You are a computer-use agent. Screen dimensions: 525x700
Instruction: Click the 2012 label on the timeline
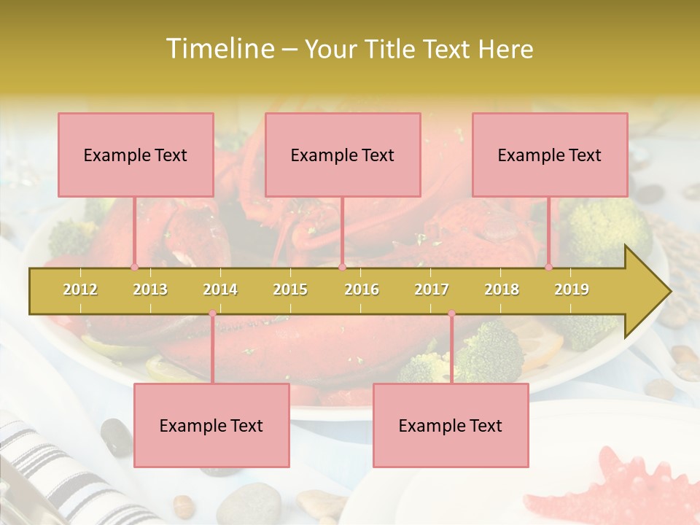click(80, 289)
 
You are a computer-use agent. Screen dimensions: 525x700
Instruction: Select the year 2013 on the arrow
click(150, 289)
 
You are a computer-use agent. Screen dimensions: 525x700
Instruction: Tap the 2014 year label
click(220, 289)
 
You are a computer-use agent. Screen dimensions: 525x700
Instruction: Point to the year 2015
click(290, 289)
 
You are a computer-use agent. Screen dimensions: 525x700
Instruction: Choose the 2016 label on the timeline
click(362, 289)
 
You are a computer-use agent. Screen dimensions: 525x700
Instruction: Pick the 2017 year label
click(432, 289)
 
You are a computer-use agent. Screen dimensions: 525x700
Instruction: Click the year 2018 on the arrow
click(502, 289)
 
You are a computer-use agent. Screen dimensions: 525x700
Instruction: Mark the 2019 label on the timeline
click(572, 289)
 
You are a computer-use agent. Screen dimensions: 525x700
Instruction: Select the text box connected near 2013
click(136, 155)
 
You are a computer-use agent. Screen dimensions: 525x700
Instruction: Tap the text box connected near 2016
click(343, 155)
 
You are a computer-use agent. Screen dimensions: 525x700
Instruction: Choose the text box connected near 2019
click(550, 155)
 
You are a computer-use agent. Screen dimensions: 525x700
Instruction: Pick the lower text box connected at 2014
click(211, 425)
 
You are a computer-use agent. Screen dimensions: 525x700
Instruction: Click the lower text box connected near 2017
click(451, 425)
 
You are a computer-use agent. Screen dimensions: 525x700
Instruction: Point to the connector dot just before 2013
click(134, 267)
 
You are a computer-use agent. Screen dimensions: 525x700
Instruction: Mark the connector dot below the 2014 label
click(212, 314)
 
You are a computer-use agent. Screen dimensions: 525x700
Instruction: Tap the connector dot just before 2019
click(548, 267)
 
